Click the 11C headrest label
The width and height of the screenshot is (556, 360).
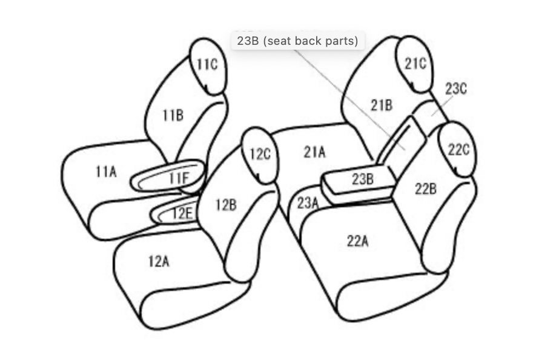(x=207, y=64)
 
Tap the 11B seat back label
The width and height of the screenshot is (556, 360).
(x=173, y=115)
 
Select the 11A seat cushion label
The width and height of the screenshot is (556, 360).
(x=106, y=172)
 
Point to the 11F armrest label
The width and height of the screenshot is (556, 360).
(x=179, y=178)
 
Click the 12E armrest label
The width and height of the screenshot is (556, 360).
(x=182, y=213)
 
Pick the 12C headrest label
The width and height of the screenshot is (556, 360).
(x=260, y=154)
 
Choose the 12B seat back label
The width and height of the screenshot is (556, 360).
(x=227, y=205)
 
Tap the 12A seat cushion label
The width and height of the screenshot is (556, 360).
(x=159, y=261)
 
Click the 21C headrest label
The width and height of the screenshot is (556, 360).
(x=415, y=64)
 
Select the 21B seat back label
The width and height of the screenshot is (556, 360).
(x=382, y=105)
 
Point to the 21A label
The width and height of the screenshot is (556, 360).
(x=314, y=152)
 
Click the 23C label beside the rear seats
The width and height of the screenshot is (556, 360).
(x=456, y=88)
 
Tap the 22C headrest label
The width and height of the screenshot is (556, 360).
(x=459, y=150)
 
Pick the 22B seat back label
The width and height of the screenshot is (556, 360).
(x=426, y=188)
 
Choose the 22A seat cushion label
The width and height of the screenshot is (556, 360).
(x=358, y=241)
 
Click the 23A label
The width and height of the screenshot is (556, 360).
(x=308, y=203)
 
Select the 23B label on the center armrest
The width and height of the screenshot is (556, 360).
(x=363, y=179)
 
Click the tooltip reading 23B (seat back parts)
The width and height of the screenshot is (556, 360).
(x=297, y=41)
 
